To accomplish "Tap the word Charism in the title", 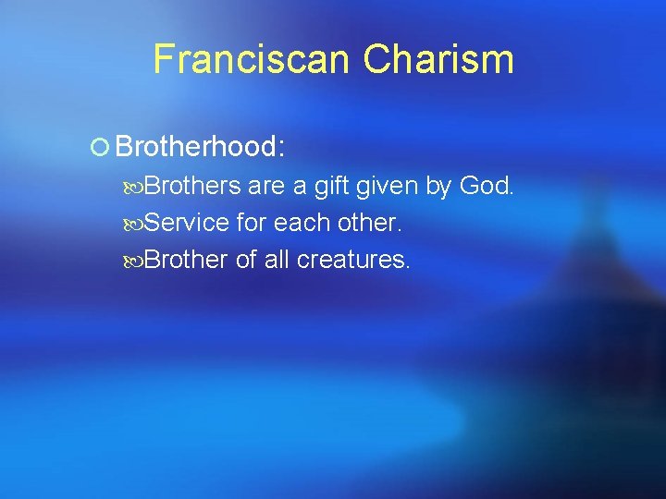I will pos(438,59).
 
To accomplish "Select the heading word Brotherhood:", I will pos(199,147).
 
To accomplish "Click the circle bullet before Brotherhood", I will pos(101,147).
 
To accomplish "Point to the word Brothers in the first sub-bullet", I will pos(194,187).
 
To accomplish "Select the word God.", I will pos(486,187).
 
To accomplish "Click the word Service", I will pos(188,224).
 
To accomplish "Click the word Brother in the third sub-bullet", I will pos(186,261).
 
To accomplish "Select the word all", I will pos(277,261).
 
